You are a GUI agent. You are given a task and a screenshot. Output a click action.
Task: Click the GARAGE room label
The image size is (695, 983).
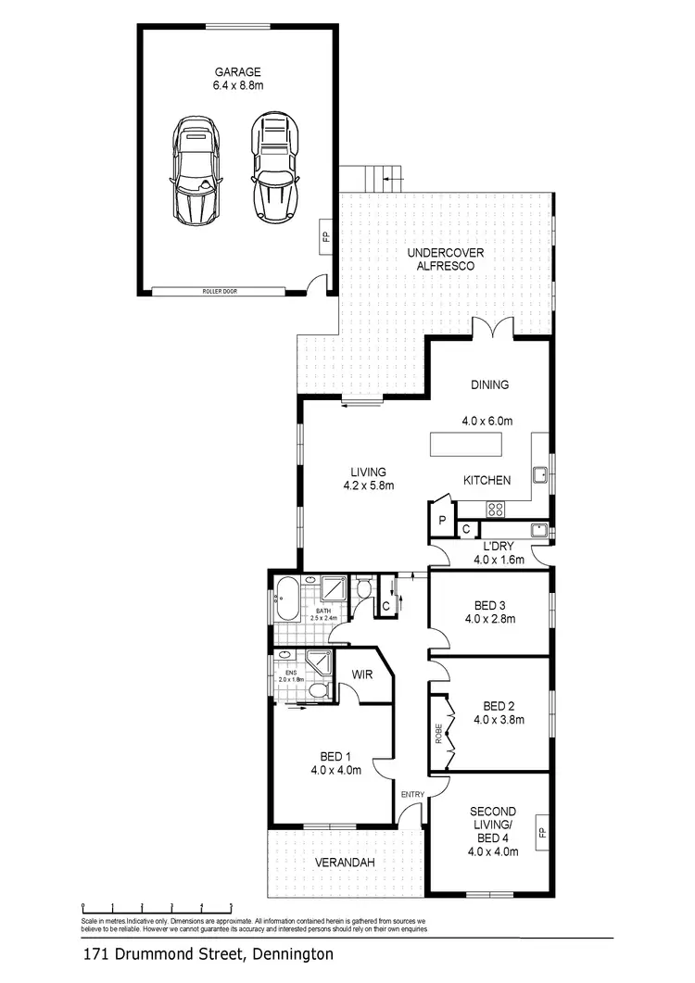[x=238, y=71]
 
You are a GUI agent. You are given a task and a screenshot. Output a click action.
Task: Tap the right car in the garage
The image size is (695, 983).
[x=272, y=168]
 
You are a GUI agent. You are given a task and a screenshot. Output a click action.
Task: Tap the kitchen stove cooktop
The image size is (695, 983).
[x=496, y=508]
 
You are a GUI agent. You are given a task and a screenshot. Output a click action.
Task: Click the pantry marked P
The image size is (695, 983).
[x=443, y=522]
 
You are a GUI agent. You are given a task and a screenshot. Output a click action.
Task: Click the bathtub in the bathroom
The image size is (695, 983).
[x=287, y=599]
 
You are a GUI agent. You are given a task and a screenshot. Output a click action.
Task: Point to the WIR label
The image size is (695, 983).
[x=362, y=675]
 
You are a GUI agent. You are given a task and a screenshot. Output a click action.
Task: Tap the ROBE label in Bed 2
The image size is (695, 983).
[x=438, y=734]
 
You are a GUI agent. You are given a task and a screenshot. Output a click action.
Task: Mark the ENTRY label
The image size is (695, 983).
[x=411, y=794]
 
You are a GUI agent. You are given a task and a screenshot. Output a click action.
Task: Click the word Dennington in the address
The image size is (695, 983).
[x=286, y=952]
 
